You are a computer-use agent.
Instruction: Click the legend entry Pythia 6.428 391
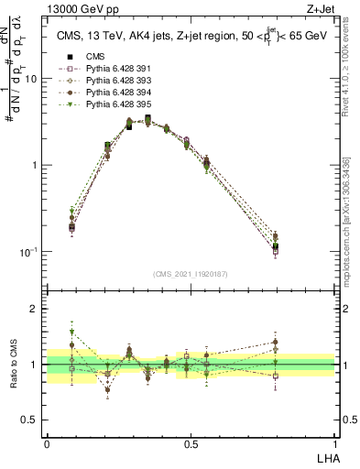point(102,67)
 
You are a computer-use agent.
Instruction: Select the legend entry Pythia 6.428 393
point(102,80)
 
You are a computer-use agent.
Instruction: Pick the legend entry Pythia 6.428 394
point(102,93)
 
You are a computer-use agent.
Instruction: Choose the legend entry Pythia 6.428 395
point(102,105)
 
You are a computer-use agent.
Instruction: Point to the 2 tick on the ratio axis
point(35,309)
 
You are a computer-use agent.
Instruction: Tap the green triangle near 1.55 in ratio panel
point(71,333)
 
